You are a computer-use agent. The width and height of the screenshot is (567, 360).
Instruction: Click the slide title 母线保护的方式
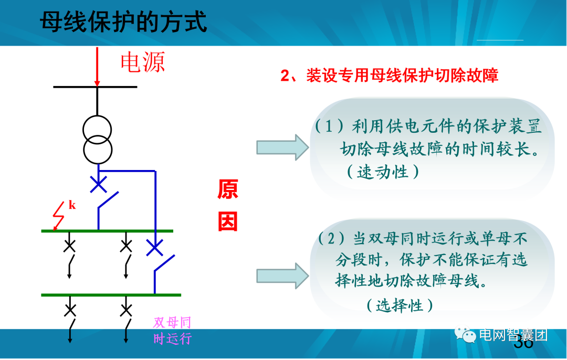[x=124, y=23]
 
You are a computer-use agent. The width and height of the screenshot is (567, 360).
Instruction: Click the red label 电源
[x=143, y=62]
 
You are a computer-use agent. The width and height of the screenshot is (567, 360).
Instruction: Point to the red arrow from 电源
[x=97, y=66]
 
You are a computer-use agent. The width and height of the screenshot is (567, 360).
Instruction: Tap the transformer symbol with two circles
[x=98, y=139]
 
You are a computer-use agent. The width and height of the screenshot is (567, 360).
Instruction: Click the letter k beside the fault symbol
[x=72, y=205]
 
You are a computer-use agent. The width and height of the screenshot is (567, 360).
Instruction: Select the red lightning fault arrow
[x=58, y=217]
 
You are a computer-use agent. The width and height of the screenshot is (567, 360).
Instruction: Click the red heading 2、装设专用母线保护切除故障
[x=389, y=76]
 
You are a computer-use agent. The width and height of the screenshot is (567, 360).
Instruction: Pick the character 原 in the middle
[x=228, y=190]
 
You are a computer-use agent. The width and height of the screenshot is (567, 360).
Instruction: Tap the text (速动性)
[x=383, y=172]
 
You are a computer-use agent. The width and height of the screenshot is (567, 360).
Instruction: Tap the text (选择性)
[x=400, y=305]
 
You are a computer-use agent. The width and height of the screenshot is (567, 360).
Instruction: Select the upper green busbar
[x=107, y=231]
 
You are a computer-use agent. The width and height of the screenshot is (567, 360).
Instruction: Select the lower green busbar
[x=111, y=295]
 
